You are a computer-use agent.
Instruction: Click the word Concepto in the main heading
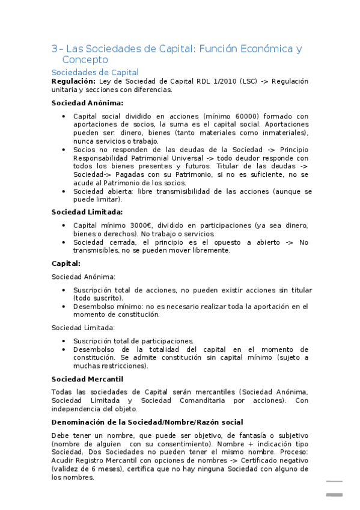coord(85,60)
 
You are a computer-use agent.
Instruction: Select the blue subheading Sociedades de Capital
coord(95,73)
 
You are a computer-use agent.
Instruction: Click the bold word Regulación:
coord(73,81)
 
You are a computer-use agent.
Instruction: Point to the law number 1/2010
coord(211,81)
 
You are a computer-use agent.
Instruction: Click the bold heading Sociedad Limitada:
coord(87,212)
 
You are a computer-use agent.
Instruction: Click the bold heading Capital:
coord(66,263)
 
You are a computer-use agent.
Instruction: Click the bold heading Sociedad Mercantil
coord(87,379)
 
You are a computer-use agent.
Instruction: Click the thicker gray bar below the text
coord(334,494)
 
